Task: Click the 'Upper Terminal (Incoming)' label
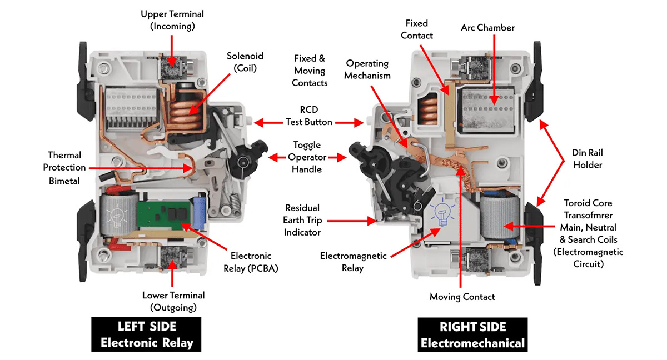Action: [x=172, y=19]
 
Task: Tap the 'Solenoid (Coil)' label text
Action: [x=245, y=62]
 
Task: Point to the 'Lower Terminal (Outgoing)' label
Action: [x=173, y=301]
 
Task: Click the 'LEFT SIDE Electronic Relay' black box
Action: [x=147, y=334]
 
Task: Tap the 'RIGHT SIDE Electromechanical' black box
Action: [x=472, y=334]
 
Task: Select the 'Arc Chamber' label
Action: [x=487, y=28]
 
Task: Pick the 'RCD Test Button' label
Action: [x=309, y=116]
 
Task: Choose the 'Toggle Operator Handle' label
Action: [x=307, y=157]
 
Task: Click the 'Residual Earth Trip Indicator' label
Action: [x=302, y=220]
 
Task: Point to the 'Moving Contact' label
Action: [x=462, y=297]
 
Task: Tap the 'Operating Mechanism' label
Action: [x=367, y=69]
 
